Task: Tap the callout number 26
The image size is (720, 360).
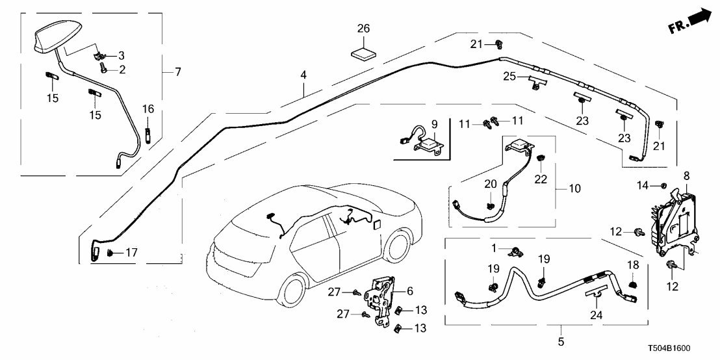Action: point(363,28)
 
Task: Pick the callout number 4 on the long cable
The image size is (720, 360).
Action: point(302,75)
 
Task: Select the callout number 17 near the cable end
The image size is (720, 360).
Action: point(131,251)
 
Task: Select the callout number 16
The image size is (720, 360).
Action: point(148,108)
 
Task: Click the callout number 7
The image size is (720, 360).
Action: point(177,71)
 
